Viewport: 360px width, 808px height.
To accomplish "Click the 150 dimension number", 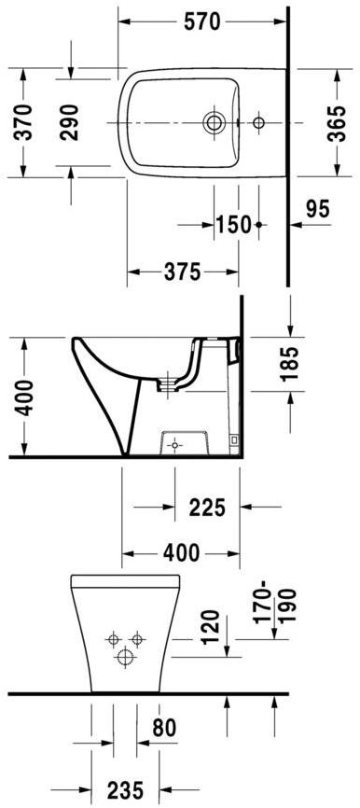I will click(234, 224).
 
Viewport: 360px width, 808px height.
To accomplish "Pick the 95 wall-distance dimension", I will click(318, 210).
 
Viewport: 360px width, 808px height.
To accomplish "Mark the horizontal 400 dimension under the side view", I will click(181, 552).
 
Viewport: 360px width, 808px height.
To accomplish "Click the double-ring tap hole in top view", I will click(214, 122).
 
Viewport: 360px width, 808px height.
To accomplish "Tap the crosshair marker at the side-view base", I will click(173, 446).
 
